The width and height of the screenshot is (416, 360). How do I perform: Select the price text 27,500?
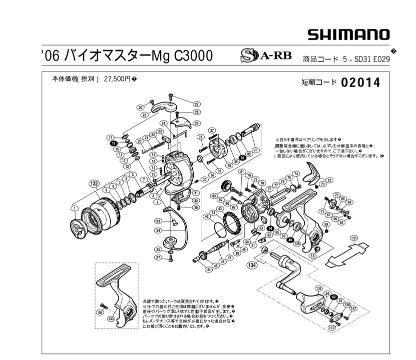pos(117,79)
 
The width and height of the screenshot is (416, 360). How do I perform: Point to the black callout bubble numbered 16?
pos(114,142)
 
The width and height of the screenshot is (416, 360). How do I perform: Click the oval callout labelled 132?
pos(94,183)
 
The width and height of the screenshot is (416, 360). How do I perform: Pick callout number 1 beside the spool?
pos(74,208)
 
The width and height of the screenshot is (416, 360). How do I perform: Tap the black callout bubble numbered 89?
pos(242,157)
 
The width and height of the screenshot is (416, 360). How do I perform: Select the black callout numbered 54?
pos(270,228)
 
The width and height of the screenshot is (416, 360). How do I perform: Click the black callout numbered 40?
pos(290,239)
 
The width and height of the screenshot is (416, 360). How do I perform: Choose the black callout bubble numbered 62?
pos(333,297)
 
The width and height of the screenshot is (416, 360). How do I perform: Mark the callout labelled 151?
pos(353,237)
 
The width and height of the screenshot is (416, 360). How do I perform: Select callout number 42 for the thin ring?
pos(206,216)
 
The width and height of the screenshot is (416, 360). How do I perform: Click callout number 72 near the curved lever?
pos(329,180)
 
